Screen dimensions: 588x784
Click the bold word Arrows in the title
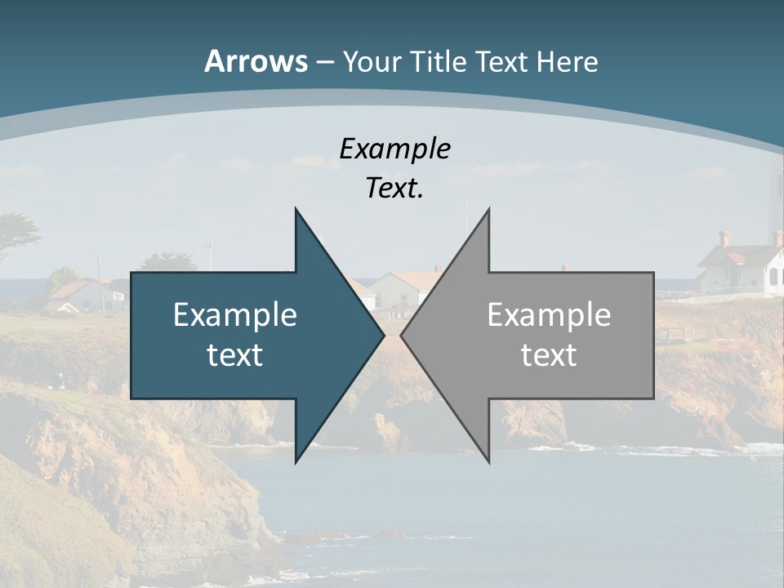point(255,61)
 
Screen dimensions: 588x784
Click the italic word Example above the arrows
point(394,149)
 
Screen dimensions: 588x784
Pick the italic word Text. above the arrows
point(394,188)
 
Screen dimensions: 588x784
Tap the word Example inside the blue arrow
point(235,314)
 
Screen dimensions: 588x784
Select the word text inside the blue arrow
point(235,354)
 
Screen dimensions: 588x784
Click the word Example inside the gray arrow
point(549,314)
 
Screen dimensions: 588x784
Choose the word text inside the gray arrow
point(549,354)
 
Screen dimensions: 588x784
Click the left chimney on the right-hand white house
point(724,238)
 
